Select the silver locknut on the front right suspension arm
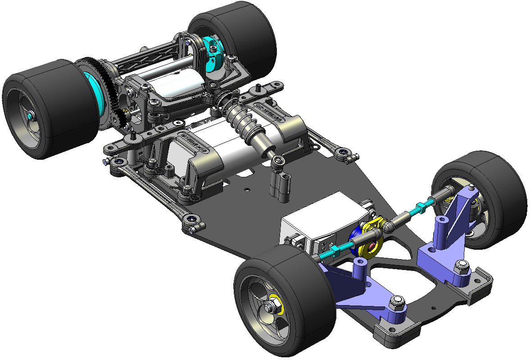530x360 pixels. (460, 266)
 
